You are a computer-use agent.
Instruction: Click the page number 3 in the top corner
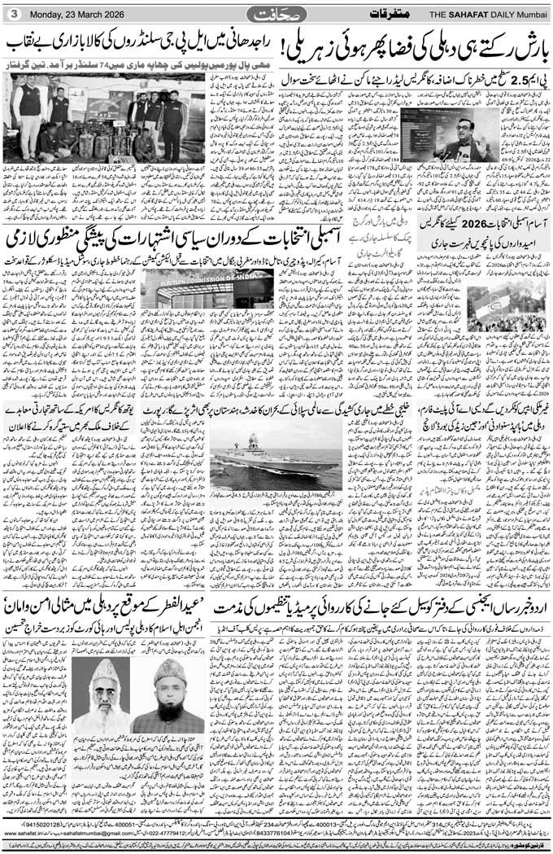[x=14, y=14]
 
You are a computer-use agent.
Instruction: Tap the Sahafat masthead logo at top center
[x=276, y=14]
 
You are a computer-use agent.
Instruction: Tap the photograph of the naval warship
[x=276, y=461]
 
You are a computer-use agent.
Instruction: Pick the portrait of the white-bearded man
[x=102, y=696]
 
